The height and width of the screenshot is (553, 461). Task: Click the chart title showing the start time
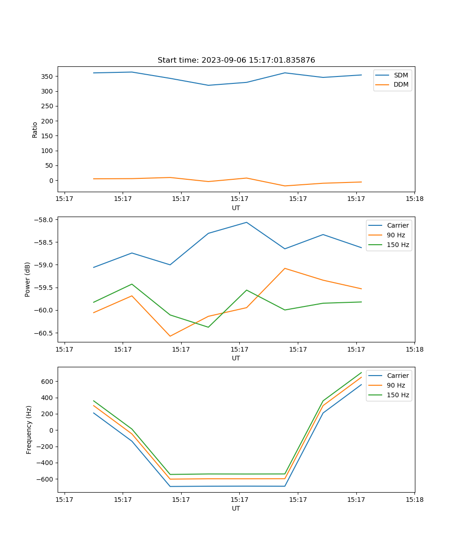point(236,60)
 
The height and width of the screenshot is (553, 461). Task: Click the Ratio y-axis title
point(35,129)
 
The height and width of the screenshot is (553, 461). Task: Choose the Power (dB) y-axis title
point(28,279)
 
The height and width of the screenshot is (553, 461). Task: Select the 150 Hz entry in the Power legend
point(397,245)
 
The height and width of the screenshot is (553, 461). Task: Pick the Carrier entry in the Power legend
point(397,225)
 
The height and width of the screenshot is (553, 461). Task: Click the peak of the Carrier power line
point(246,222)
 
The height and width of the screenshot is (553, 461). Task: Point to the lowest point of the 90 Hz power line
point(170,336)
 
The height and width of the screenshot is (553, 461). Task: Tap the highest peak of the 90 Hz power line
point(285,268)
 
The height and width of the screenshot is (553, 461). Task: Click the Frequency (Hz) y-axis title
point(29,429)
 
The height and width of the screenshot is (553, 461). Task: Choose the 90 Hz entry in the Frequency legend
point(396,385)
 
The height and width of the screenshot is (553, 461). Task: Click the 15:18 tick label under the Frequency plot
point(414,500)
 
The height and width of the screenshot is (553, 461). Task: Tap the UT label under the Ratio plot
point(236,208)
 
